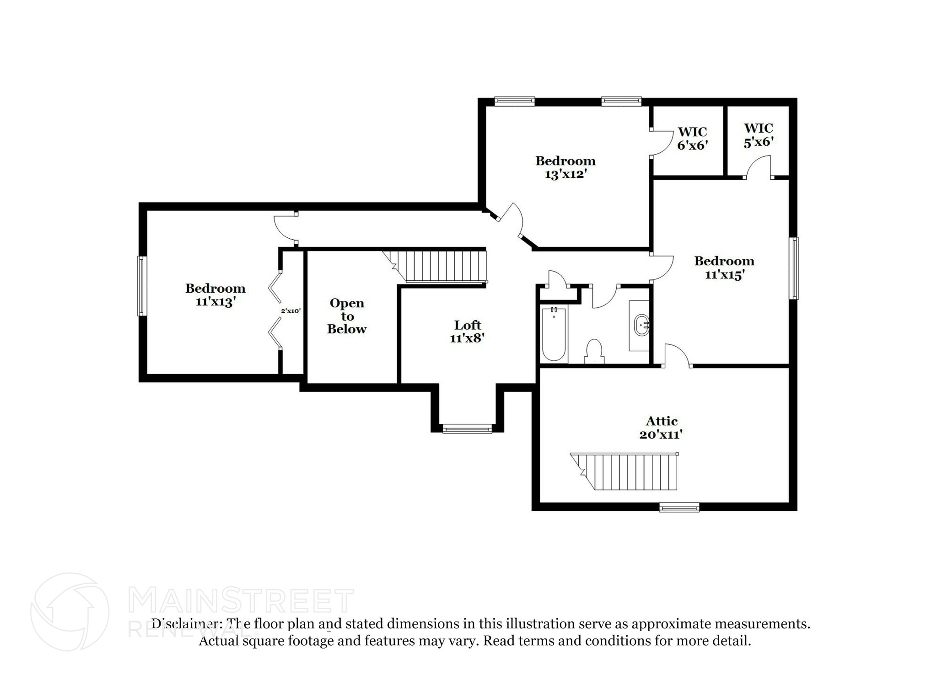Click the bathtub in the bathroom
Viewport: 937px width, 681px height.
click(x=554, y=335)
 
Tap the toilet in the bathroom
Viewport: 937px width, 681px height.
click(x=594, y=351)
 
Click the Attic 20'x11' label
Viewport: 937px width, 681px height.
click(x=661, y=427)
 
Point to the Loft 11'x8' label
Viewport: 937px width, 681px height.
click(x=467, y=332)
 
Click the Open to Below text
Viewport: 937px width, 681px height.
click(x=347, y=316)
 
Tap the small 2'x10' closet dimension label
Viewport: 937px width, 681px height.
click(x=291, y=311)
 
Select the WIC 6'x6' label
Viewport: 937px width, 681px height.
click(x=692, y=139)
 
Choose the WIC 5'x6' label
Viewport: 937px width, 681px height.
click(x=758, y=135)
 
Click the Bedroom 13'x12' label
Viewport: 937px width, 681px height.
click(x=565, y=167)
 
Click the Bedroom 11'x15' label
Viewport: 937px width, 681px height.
click(x=724, y=268)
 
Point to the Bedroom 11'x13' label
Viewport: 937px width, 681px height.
click(x=215, y=295)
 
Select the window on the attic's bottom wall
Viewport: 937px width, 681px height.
click(x=679, y=507)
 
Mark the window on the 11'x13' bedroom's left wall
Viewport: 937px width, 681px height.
click(x=142, y=286)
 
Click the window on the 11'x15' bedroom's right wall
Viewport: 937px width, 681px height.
click(x=795, y=268)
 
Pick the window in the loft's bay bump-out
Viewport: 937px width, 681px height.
click(x=467, y=429)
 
